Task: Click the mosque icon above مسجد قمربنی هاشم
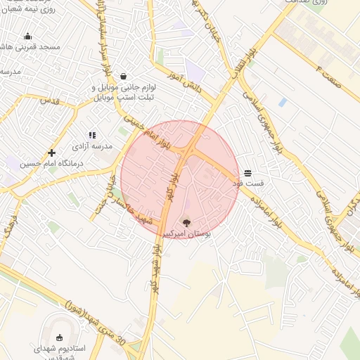(x=28, y=37)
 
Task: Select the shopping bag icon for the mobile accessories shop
(x=124, y=77)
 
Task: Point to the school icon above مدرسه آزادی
(x=91, y=135)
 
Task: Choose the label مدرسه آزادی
(x=91, y=147)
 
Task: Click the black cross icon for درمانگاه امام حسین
(x=51, y=153)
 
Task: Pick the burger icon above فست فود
(x=247, y=172)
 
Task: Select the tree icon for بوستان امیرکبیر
(x=186, y=222)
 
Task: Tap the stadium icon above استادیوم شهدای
(x=60, y=337)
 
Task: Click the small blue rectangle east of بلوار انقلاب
(x=283, y=103)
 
